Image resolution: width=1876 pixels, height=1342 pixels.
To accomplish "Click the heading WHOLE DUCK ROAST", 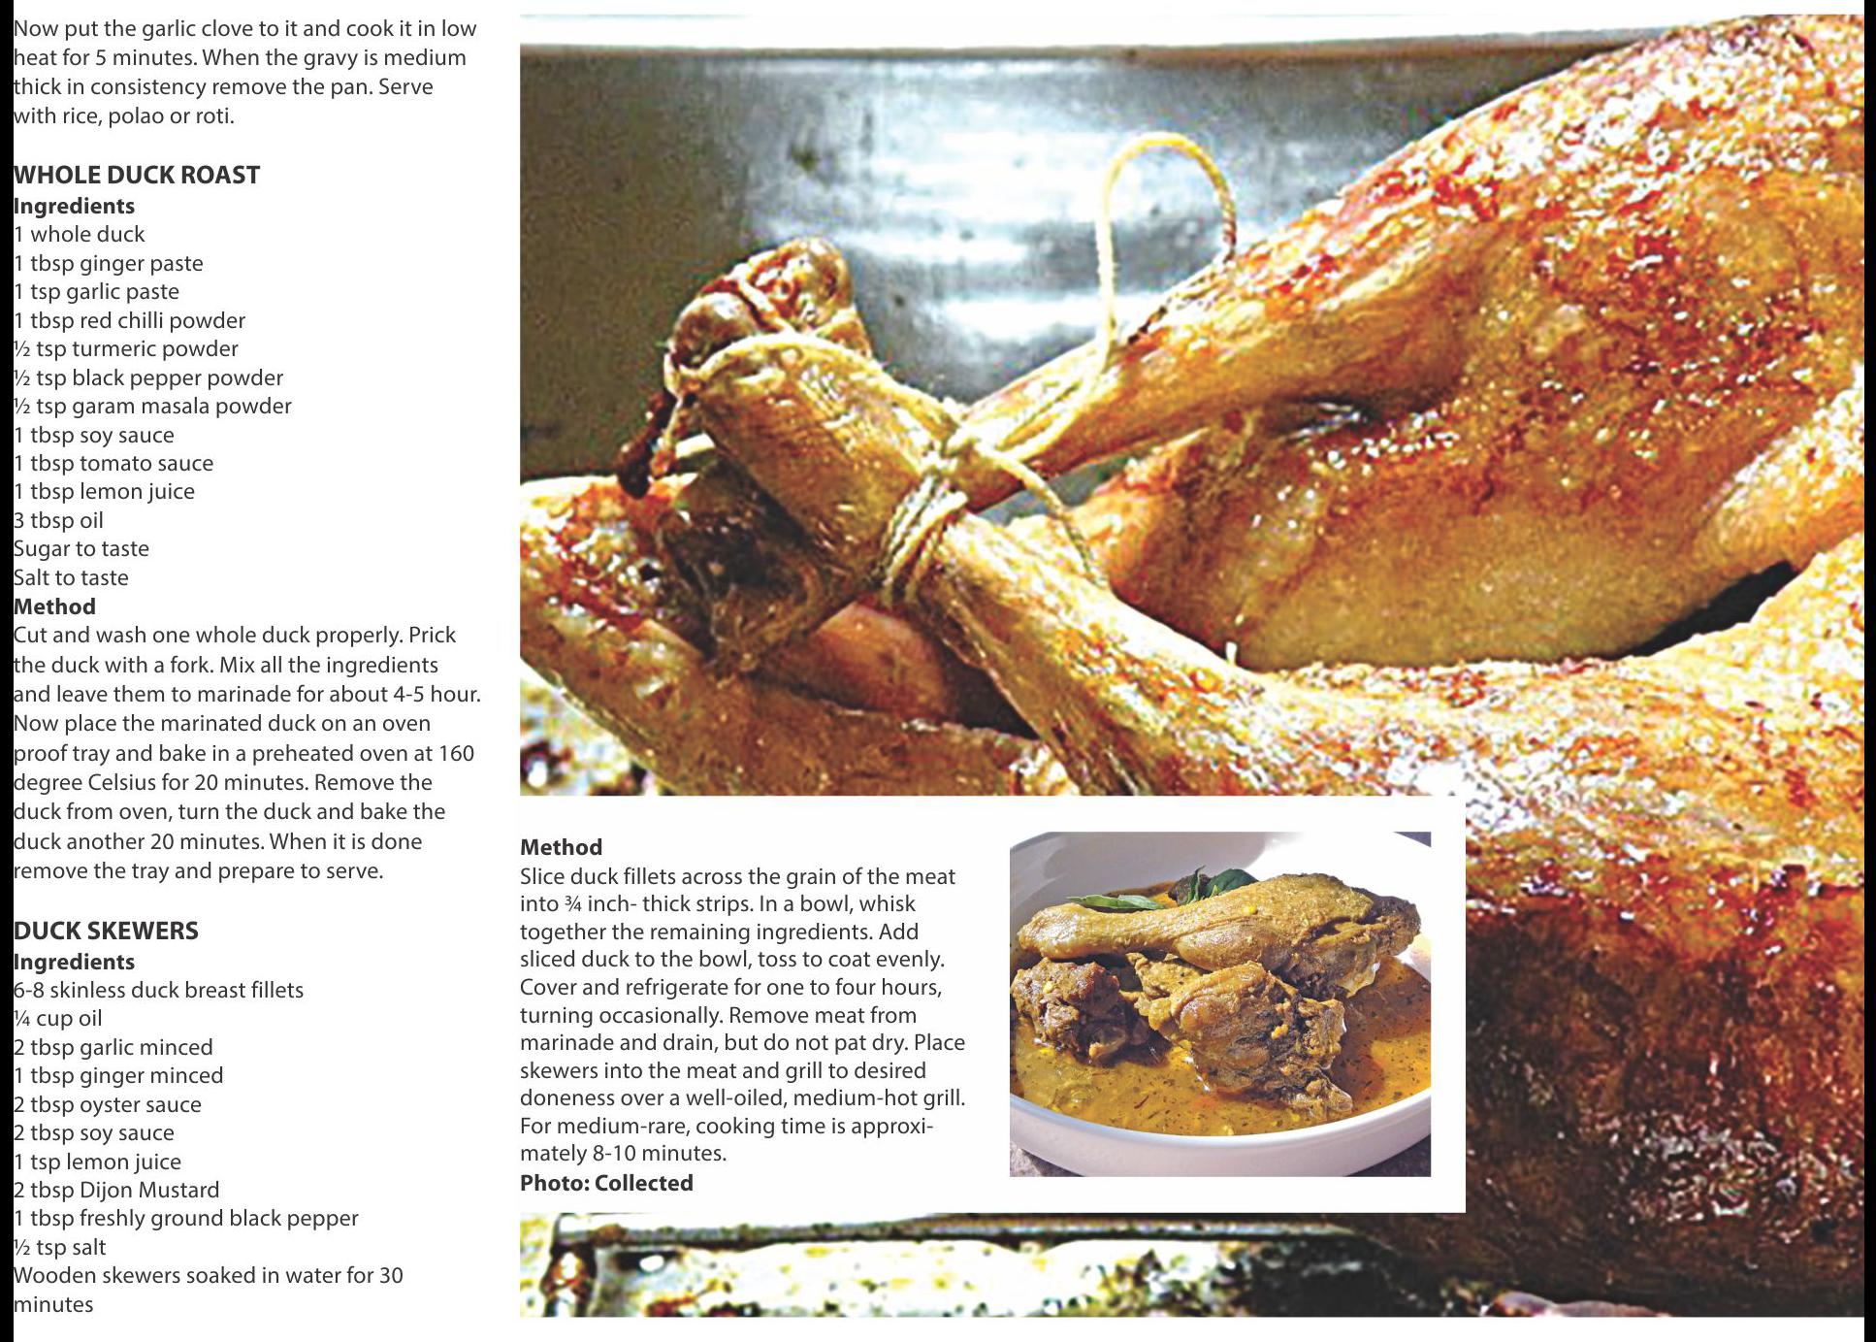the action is click(x=137, y=175).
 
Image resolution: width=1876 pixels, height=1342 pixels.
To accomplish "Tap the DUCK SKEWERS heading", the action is click(x=106, y=931).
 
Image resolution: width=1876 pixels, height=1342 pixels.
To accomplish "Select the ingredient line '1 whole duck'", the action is click(x=79, y=234).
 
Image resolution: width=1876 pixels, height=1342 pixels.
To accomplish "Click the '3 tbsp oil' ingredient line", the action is click(x=58, y=520).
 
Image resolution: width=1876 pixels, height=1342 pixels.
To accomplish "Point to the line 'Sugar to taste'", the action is click(x=81, y=548).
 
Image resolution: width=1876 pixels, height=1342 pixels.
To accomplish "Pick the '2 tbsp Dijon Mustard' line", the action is click(x=116, y=1190).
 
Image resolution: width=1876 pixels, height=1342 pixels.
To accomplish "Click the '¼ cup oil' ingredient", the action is click(x=57, y=1018).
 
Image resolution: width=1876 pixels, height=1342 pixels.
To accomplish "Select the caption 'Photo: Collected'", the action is click(x=606, y=1183).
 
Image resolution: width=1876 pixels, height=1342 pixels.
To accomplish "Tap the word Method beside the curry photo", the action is click(x=561, y=847).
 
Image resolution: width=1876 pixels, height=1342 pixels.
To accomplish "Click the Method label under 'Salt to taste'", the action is click(x=54, y=606).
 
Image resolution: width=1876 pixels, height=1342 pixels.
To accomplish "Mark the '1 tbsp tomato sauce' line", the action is click(x=113, y=463).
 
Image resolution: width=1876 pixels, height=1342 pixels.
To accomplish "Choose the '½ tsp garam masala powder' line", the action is click(x=152, y=406).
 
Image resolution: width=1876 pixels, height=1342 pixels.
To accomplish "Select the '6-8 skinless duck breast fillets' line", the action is click(x=158, y=990).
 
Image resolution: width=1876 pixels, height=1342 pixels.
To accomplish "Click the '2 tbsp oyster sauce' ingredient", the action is click(x=108, y=1104).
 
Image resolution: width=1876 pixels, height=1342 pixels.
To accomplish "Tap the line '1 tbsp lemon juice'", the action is click(x=104, y=491).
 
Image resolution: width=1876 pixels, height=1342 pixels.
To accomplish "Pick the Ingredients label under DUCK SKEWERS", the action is click(x=74, y=962).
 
